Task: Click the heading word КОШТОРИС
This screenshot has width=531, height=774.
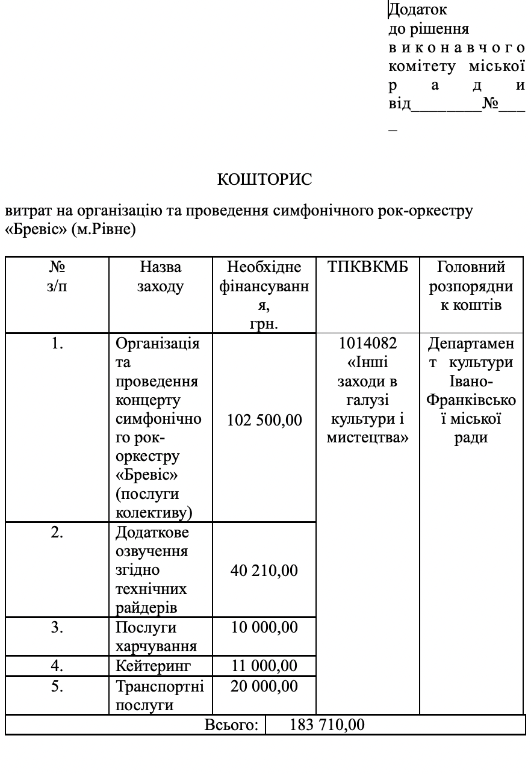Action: point(265,179)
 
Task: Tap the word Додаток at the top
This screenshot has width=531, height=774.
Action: point(418,10)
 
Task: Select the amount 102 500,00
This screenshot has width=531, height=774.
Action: point(264,420)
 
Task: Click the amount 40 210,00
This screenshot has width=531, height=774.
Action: point(264,569)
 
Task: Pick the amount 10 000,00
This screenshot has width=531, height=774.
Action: point(264,627)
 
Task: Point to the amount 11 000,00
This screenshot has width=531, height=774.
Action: point(264,665)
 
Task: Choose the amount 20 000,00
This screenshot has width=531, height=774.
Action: point(264,686)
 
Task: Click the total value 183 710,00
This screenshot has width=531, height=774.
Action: point(327,724)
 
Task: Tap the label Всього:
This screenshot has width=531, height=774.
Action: point(231,725)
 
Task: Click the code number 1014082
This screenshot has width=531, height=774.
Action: point(368,344)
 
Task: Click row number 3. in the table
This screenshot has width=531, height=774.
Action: point(57,627)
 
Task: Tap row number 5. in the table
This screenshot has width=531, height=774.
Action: point(57,686)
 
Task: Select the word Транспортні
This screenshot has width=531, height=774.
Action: point(160,687)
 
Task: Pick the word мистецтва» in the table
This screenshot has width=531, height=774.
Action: point(368,438)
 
